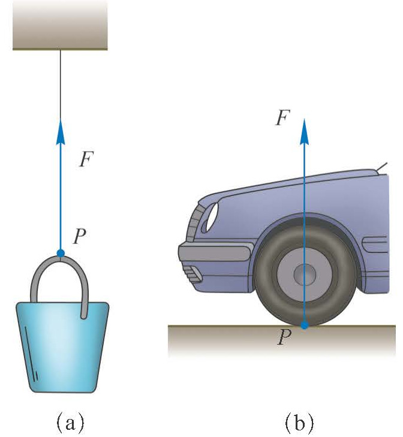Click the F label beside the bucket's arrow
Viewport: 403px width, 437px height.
pyautogui.click(x=85, y=161)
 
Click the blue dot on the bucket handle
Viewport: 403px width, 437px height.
pyautogui.click(x=61, y=253)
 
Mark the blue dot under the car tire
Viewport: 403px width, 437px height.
pyautogui.click(x=305, y=326)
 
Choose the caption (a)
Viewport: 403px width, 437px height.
pyautogui.click(x=70, y=423)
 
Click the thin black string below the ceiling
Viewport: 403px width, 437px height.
pyautogui.click(x=61, y=84)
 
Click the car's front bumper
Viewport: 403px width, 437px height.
pyautogui.click(x=213, y=252)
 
